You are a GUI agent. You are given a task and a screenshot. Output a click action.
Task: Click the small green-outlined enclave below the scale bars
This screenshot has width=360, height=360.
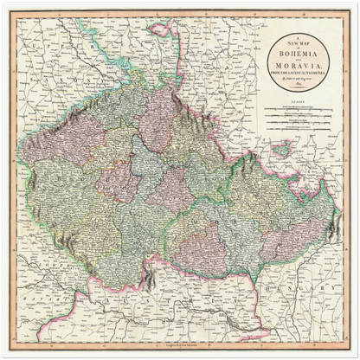coord(282,150)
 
